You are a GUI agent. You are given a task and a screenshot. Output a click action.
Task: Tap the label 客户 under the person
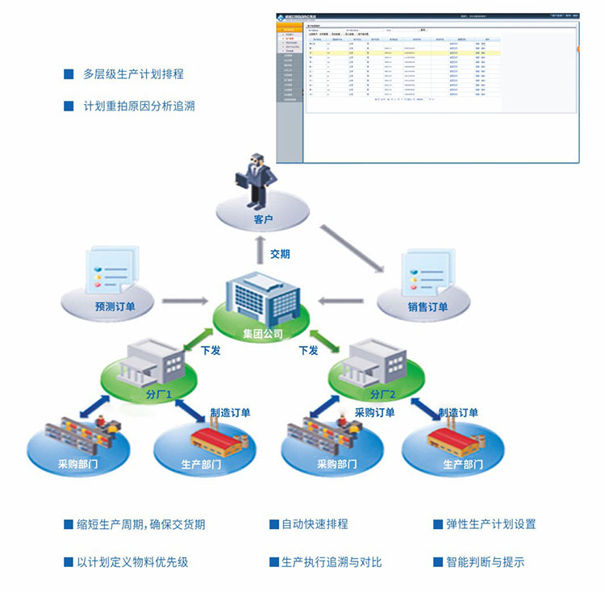263,219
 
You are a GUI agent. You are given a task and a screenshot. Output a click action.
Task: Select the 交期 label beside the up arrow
280,254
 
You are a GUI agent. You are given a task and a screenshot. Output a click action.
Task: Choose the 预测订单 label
115,306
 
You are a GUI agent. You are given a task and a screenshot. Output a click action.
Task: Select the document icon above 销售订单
427,271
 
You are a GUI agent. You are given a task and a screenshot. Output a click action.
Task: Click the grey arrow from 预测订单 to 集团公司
185,302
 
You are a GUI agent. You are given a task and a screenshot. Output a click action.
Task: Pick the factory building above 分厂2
375,362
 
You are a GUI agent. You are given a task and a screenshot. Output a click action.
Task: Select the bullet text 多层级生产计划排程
133,74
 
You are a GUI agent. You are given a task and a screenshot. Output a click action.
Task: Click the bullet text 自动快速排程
315,524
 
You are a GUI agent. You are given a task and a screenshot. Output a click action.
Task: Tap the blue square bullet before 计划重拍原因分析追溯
69,106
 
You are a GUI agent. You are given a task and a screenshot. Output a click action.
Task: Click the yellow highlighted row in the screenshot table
440,52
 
